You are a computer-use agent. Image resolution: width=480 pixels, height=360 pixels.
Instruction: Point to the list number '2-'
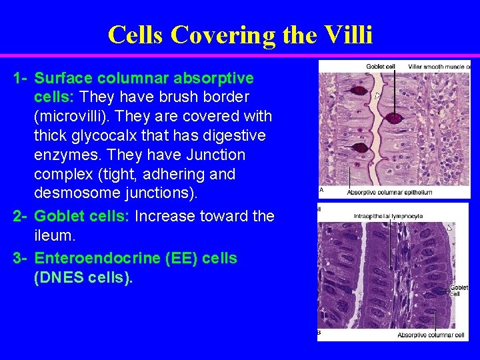click(20, 216)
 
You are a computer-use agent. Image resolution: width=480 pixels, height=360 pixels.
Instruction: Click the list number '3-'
click(20, 258)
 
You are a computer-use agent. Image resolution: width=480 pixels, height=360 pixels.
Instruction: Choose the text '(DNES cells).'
click(83, 278)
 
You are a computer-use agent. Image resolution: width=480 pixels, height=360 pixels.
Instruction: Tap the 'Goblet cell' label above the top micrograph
click(381, 66)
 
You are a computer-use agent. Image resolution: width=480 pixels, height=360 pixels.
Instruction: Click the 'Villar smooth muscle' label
click(439, 66)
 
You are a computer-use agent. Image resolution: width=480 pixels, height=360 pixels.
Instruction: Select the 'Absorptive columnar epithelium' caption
click(389, 193)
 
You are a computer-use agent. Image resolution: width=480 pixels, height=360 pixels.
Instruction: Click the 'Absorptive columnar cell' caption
click(431, 335)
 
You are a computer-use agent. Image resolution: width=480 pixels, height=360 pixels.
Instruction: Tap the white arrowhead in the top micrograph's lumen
click(377, 96)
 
